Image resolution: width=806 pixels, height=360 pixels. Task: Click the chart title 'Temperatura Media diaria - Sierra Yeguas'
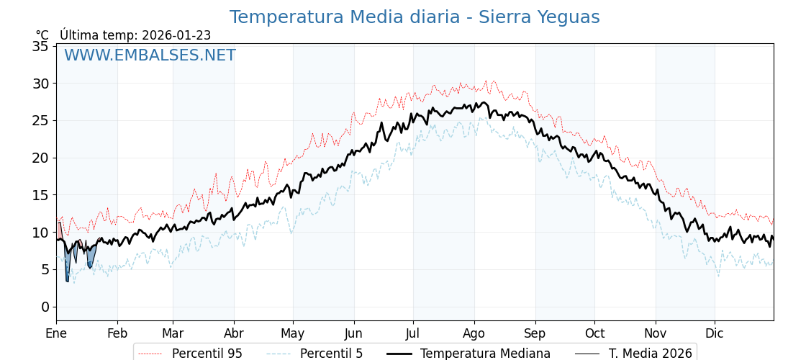point(414,17)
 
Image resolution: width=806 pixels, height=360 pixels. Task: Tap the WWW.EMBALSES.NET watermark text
point(150,55)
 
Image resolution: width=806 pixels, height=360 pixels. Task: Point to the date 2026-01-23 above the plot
point(176,35)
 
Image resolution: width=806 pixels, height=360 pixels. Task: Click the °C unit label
point(42,35)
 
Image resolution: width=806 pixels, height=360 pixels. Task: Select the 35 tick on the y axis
point(40,46)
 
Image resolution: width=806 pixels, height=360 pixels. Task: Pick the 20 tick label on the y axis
point(40,158)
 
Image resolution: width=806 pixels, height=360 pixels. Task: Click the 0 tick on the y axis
point(45,307)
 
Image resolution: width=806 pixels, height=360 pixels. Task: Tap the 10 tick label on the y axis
point(40,233)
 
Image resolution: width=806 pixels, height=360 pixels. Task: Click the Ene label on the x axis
point(56,333)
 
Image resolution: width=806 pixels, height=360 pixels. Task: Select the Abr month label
point(234,333)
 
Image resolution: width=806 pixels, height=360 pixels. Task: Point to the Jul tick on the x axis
point(413,333)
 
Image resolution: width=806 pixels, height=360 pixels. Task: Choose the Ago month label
point(474,333)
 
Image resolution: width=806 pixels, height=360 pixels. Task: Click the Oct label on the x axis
point(594,333)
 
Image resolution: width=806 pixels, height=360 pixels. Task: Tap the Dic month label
point(715,333)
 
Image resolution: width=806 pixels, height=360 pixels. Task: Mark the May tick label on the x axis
point(293,333)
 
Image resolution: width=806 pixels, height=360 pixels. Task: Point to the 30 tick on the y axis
point(40,84)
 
